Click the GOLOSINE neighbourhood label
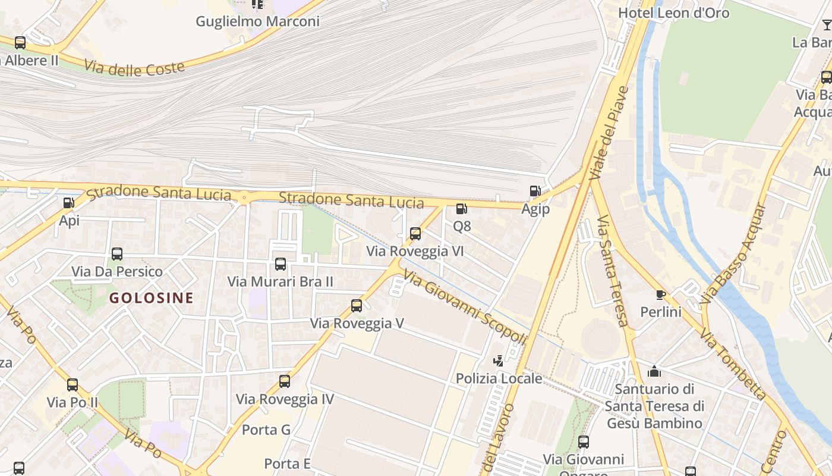tap(152, 298)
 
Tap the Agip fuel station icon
tap(535, 191)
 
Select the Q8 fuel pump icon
tap(461, 209)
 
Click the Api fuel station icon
tap(69, 203)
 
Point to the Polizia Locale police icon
tap(498, 361)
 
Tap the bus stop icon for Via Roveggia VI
tap(415, 234)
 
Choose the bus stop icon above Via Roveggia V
tap(357, 306)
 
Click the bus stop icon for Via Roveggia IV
tap(285, 381)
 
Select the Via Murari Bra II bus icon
tap(281, 264)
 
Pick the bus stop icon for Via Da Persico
tap(117, 254)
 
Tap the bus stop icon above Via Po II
tap(73, 385)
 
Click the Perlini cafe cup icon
tap(660, 295)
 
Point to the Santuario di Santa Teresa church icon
tap(654, 372)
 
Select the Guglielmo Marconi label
tap(257, 21)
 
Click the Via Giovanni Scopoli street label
tap(465, 307)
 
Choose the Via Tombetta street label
tap(733, 363)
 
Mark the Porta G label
tap(266, 430)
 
